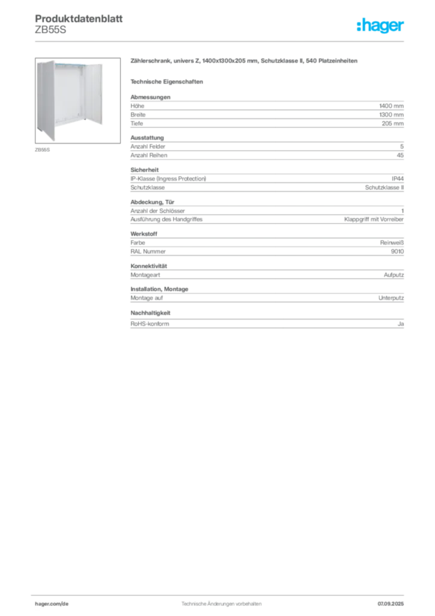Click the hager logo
380,25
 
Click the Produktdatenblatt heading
79,19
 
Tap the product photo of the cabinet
78,100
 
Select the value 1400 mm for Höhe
391,106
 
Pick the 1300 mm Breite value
391,115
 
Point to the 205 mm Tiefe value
392,123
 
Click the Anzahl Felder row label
148,147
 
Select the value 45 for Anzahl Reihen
400,155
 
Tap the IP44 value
398,179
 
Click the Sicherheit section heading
144,170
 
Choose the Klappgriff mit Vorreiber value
374,219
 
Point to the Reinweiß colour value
392,243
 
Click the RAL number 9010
397,251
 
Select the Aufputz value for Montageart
394,275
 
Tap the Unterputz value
391,298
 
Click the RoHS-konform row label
150,324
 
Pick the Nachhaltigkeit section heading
150,313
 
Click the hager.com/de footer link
52,604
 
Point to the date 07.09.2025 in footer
391,604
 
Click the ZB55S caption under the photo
43,150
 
